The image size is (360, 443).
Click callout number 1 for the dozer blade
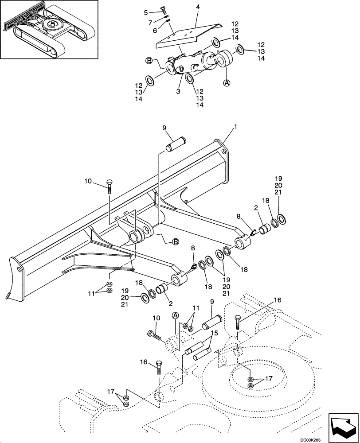(235, 127)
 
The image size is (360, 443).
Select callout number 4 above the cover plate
(198, 7)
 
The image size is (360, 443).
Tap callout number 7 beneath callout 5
(151, 22)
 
